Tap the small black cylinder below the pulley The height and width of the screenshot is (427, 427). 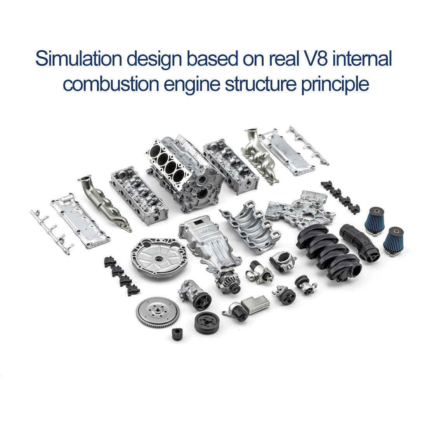(177, 334)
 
